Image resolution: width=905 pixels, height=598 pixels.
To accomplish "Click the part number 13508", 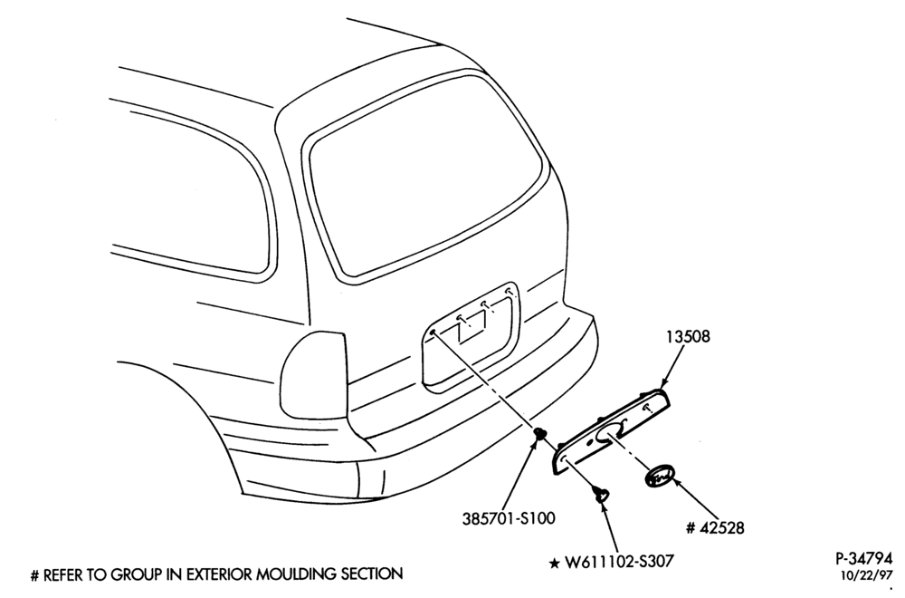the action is coord(688,336).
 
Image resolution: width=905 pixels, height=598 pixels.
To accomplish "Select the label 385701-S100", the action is coord(509,518).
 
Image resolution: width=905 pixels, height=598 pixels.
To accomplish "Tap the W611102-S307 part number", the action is coord(619,561).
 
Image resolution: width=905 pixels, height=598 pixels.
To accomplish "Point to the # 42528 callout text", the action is coord(715,527).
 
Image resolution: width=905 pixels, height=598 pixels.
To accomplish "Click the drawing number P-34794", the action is coord(863,559).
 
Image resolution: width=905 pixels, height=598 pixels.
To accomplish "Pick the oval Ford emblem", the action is coord(660,477).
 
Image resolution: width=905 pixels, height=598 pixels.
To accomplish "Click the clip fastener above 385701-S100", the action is coord(539,433).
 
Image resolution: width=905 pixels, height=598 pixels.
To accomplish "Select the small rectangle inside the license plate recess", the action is coord(471,331).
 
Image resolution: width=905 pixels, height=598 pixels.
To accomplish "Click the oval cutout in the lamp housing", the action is coord(608,433).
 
